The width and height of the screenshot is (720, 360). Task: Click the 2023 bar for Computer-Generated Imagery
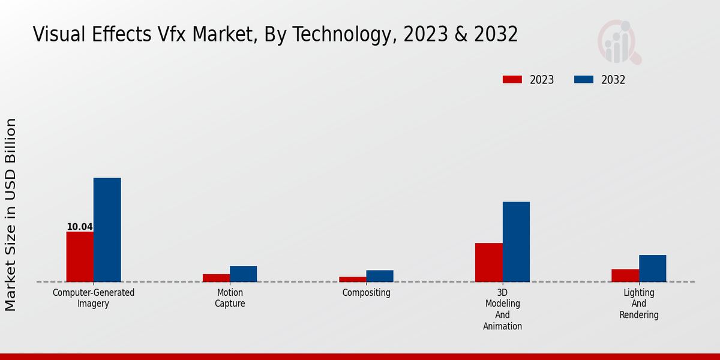point(80,257)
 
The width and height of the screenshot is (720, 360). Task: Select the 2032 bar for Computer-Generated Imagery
point(107,230)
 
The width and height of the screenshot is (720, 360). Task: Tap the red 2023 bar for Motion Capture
point(216,278)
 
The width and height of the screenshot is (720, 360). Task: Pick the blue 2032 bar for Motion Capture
point(243,274)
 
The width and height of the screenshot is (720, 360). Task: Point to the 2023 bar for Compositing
point(352,279)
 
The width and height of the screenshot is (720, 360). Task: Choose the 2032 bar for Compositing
point(380,276)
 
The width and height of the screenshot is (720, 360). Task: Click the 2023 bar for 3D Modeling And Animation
point(488,262)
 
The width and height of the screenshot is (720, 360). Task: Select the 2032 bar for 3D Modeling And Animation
point(516,242)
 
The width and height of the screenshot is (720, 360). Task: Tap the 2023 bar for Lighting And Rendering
point(625,275)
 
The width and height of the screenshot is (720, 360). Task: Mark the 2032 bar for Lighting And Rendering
point(652,268)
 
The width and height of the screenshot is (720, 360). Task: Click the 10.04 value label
point(79,227)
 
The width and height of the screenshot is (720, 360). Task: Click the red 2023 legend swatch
point(512,80)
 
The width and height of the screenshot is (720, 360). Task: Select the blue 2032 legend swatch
point(584,80)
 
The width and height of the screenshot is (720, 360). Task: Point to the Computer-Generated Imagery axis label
point(94,298)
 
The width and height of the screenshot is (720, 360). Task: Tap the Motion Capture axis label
point(230,298)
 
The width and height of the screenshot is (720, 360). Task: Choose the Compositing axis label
point(366,293)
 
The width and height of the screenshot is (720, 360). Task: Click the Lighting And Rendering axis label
point(639,304)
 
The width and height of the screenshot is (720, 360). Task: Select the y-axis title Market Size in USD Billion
point(11,214)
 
